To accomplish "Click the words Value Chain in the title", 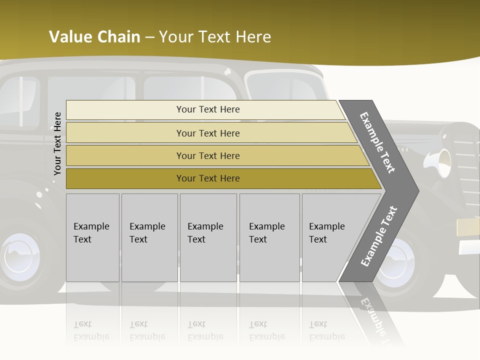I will tap(94, 37).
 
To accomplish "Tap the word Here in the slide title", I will tap(253, 37).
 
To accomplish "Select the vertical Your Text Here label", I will tap(57, 143).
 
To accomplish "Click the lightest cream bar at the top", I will tap(207, 109).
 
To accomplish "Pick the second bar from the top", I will tap(208, 133).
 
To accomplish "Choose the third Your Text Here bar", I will tap(208, 155).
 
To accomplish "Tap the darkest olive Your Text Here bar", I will tap(208, 178).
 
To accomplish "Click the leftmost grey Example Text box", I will tap(92, 237).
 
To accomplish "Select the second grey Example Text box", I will tap(149, 237).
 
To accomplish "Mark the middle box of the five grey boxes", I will tap(208, 237).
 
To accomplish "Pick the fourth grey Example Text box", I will tap(269, 237).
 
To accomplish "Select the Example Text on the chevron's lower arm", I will tap(379, 236).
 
